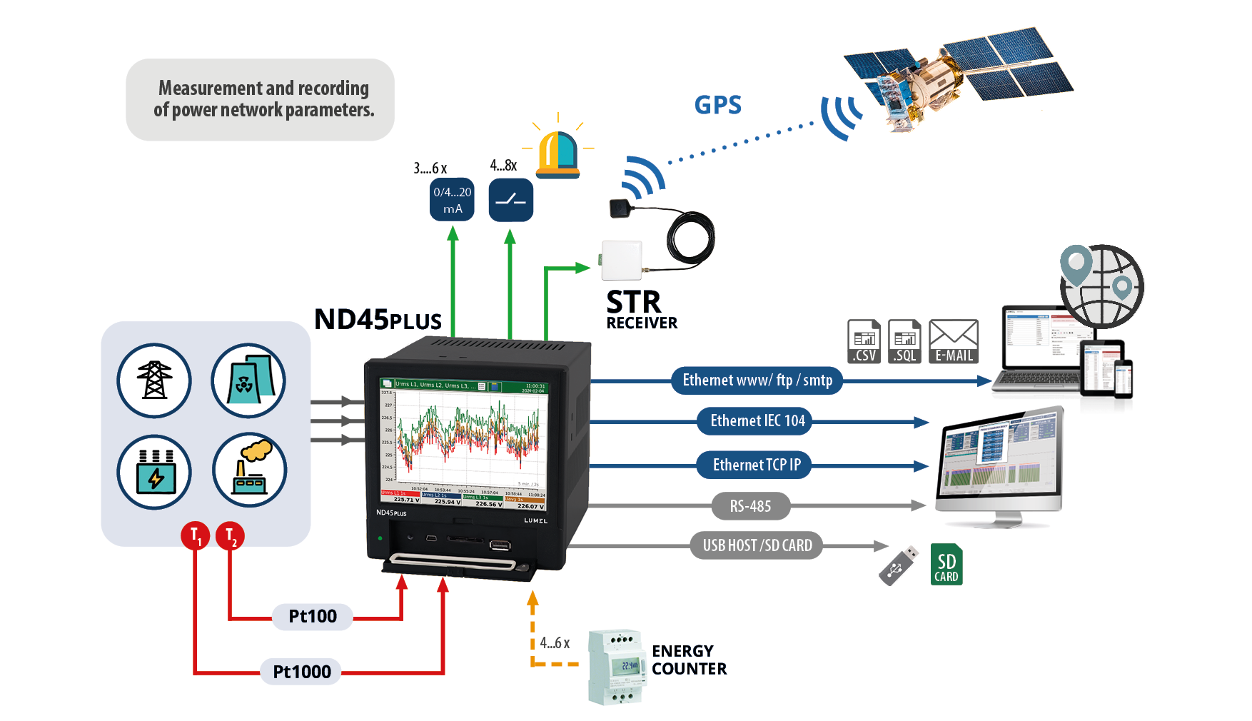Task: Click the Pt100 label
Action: pos(313,616)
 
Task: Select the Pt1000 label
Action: pos(301,672)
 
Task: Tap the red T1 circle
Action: pos(195,535)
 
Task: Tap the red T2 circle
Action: pos(230,535)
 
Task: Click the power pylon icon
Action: pos(154,380)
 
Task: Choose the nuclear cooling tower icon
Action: pos(248,380)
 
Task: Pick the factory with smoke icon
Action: pos(249,470)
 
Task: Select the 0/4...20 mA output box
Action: pos(452,200)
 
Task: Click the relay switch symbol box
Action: pos(510,200)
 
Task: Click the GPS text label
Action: pos(717,106)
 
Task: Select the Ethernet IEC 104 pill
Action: pos(757,421)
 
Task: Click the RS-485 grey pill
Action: pos(750,506)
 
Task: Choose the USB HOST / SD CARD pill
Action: pos(757,545)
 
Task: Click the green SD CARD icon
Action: pos(946,565)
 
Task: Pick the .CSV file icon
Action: pos(864,342)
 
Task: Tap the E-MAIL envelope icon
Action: pos(953,342)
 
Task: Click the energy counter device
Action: pos(617,667)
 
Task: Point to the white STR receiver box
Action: pos(621,261)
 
